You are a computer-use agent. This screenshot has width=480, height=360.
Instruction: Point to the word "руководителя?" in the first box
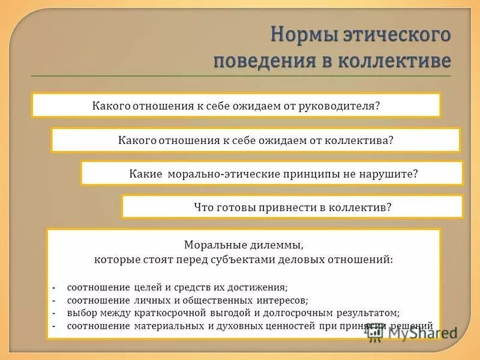point(344,106)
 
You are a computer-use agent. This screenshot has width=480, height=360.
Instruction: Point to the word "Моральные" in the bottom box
point(211,245)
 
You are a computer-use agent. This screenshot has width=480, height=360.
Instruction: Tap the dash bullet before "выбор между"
point(54,313)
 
